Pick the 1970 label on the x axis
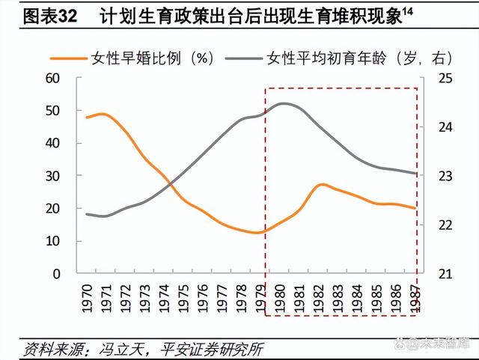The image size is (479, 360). (x=88, y=296)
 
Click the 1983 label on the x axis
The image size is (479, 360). (x=339, y=296)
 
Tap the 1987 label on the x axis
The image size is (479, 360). (x=416, y=296)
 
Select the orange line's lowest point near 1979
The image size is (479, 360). (x=256, y=233)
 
